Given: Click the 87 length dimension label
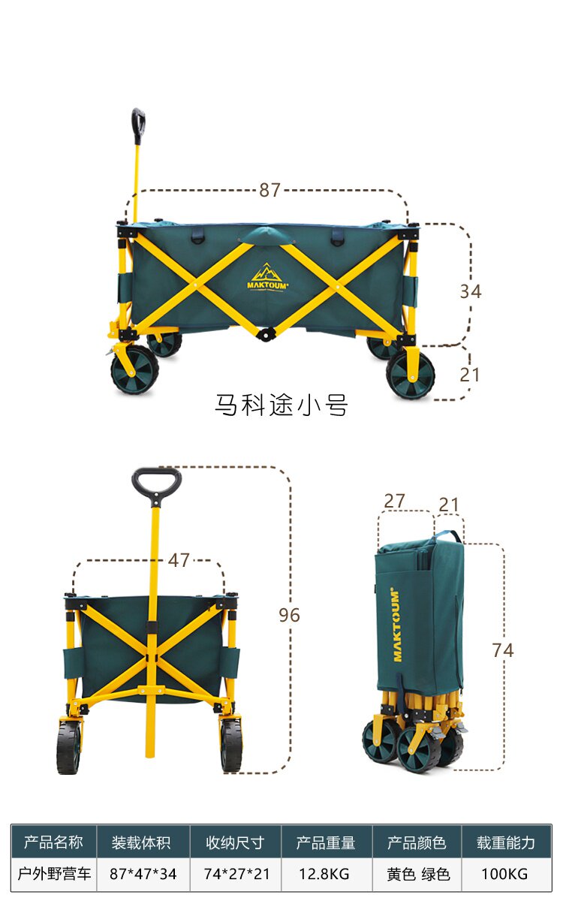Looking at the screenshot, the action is (x=269, y=190).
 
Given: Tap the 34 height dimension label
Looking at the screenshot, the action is (x=471, y=291).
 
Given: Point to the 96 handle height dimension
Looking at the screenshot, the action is (x=289, y=615).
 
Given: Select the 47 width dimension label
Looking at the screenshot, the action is (x=179, y=560).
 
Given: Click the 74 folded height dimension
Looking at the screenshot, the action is (x=503, y=650).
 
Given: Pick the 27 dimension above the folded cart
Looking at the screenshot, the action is (x=394, y=501).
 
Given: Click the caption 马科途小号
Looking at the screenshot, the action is (x=281, y=405).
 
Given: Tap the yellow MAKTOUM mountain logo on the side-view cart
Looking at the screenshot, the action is (x=267, y=277).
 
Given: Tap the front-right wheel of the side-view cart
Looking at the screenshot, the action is (x=411, y=375).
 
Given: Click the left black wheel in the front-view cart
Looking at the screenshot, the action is (x=69, y=747).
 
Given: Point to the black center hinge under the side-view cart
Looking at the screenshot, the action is (x=266, y=333).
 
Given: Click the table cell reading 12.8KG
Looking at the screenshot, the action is (x=324, y=874).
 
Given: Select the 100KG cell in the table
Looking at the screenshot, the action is (x=504, y=874).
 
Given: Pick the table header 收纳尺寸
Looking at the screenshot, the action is (x=235, y=842).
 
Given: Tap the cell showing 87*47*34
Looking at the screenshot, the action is (x=143, y=874).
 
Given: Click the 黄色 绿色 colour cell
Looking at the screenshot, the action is (x=418, y=874).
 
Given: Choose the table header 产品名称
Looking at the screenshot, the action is (x=53, y=842).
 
